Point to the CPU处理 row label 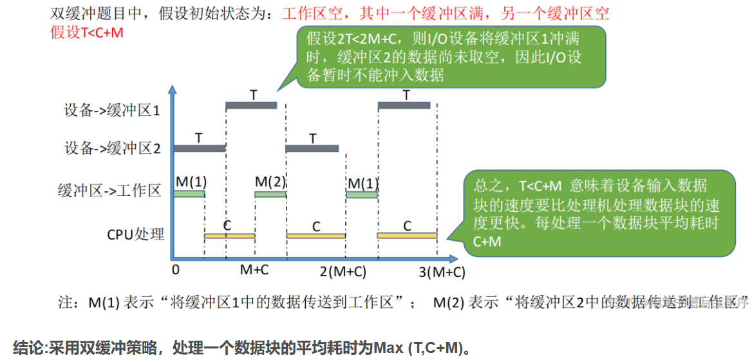[136, 233]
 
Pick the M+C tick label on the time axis [254, 270]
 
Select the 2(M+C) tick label [343, 271]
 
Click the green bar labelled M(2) [270, 193]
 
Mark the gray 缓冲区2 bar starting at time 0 [200, 148]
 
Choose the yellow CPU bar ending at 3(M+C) [407, 236]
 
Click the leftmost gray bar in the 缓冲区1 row [251, 106]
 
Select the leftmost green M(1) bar [189, 193]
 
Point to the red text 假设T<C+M [87, 32]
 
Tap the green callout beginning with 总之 [599, 213]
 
